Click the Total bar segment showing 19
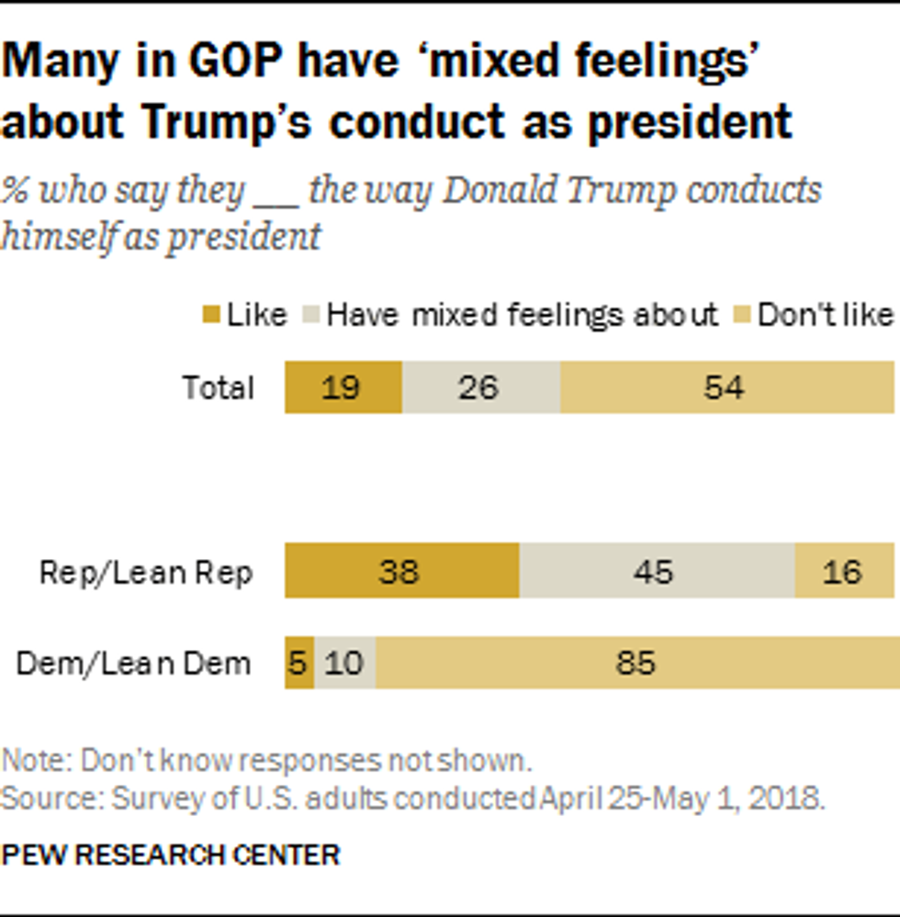343,387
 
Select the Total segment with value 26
480,387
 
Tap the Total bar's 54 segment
726,387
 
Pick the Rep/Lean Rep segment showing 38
401,572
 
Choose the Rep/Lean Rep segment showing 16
843,572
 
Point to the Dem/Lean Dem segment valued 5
298,662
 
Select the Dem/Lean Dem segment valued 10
344,662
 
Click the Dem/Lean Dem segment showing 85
636,662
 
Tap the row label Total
218,388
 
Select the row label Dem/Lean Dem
134,663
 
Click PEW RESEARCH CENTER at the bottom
171,855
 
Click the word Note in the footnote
34,761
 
